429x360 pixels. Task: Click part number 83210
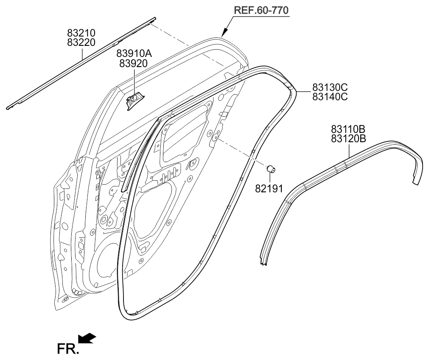[81, 33]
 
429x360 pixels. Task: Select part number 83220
[81, 42]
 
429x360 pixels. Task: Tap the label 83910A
[134, 53]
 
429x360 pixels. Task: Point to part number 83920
[134, 63]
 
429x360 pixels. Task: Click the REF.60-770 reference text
[261, 11]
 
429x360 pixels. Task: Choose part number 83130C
[330, 87]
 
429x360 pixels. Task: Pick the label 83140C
[330, 97]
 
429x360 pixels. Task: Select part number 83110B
[348, 129]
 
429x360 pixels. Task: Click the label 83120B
[348, 138]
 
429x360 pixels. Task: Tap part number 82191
[269, 188]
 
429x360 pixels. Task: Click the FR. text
[68, 349]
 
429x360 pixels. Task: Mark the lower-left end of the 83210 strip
[7, 108]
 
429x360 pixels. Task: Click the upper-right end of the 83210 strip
[155, 19]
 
